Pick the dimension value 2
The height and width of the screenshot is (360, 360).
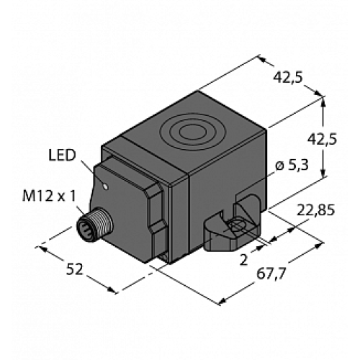pyautogui.click(x=253, y=257)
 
